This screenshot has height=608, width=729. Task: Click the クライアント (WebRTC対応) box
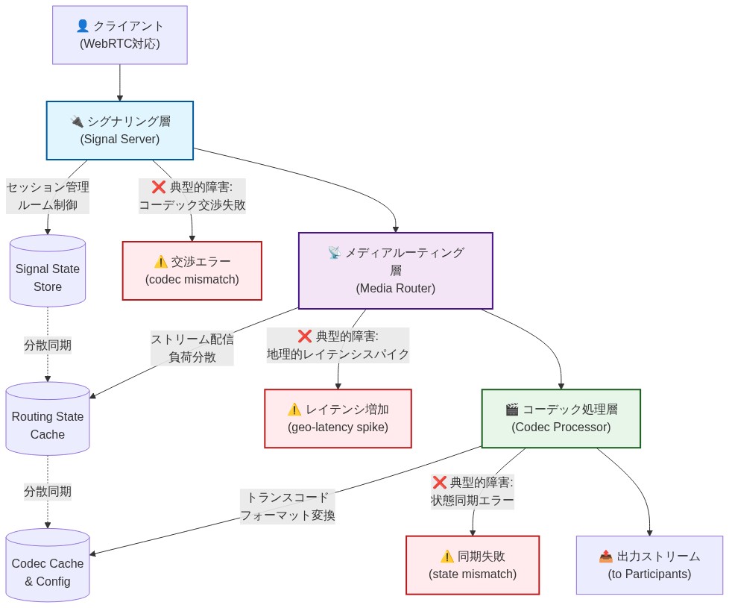[119, 35]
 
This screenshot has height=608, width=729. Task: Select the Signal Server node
[119, 131]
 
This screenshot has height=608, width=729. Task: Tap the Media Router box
[395, 271]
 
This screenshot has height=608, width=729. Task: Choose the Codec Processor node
[561, 419]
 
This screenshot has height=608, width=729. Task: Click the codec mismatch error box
[192, 271]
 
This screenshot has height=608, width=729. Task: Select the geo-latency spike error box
[338, 419]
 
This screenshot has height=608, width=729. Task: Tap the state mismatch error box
[472, 565]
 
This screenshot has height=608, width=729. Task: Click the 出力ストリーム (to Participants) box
[649, 565]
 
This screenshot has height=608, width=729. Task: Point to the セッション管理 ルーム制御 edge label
[48, 196]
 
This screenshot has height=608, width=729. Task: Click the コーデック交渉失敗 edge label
[192, 196]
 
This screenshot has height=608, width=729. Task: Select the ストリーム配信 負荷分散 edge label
[192, 348]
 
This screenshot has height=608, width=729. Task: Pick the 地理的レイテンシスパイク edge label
[338, 345]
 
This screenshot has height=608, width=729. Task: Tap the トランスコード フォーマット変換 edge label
[288, 507]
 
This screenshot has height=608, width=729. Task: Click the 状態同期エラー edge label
[472, 492]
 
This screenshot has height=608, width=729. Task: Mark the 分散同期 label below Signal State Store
[48, 345]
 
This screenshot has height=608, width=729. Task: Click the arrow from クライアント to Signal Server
[119, 83]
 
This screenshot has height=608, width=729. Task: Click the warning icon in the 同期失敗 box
[446, 557]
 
